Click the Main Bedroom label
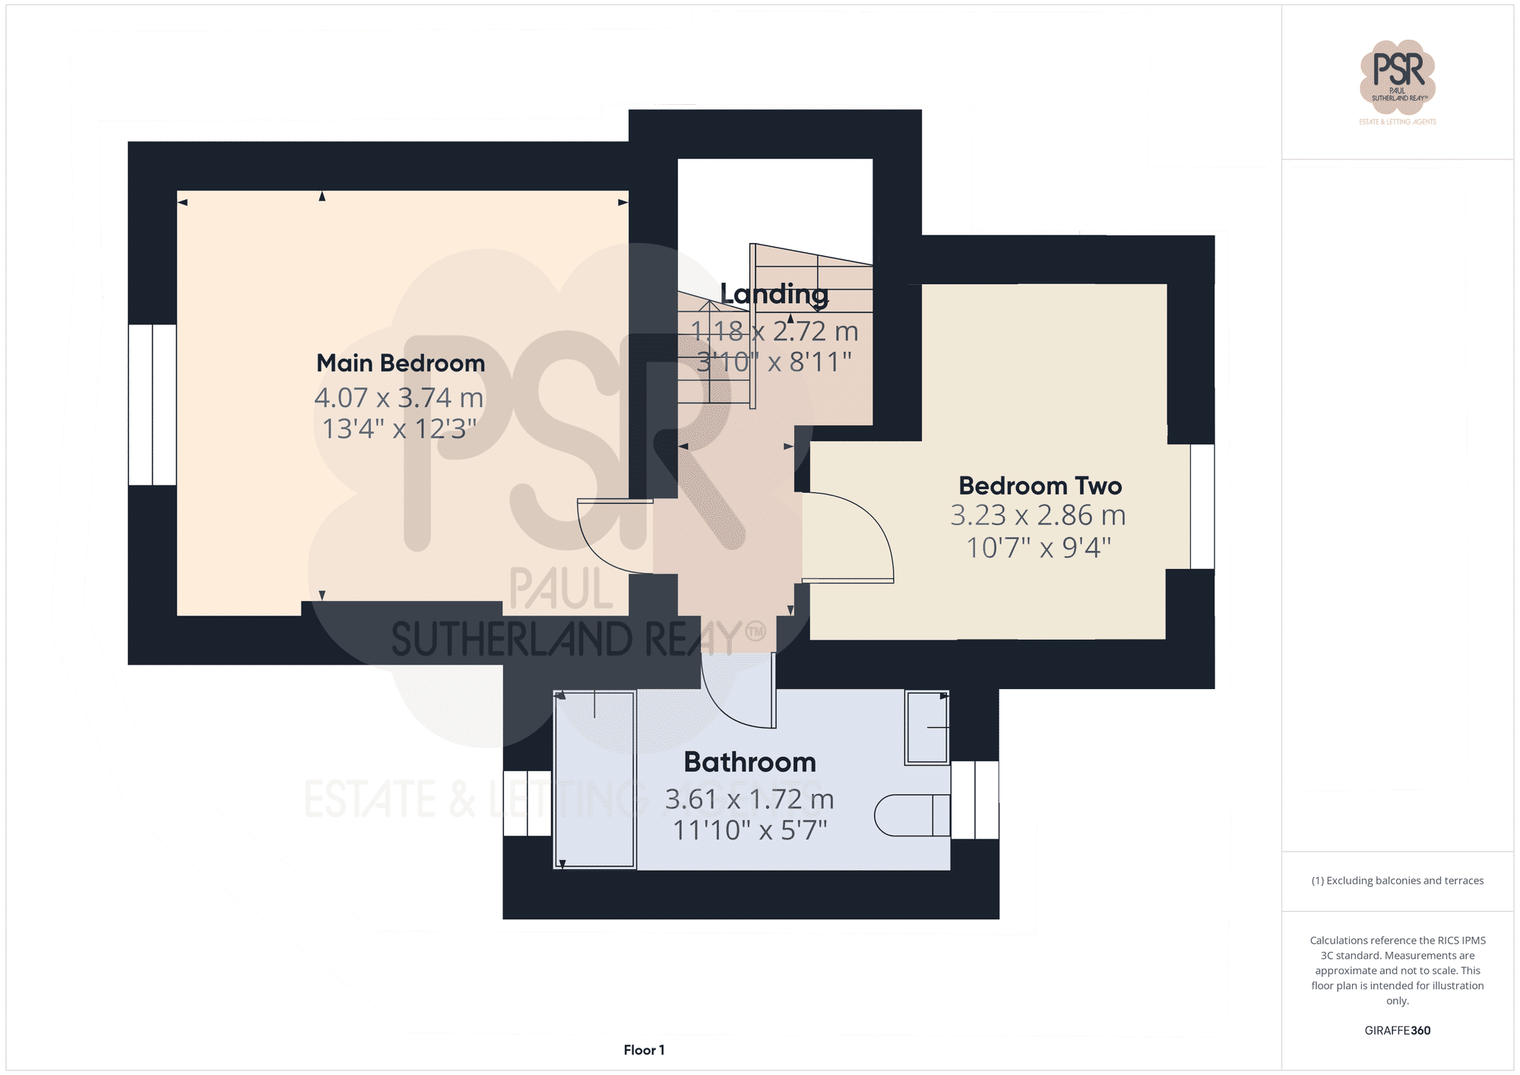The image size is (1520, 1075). (x=401, y=363)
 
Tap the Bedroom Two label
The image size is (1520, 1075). (x=1040, y=485)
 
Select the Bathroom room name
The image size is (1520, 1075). (x=749, y=762)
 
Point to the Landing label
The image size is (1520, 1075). (x=774, y=294)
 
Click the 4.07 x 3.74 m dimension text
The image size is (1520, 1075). (x=399, y=397)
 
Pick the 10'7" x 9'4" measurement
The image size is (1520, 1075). (x=1038, y=547)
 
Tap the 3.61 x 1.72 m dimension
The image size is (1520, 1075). (x=749, y=799)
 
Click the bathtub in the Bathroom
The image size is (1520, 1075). (x=595, y=779)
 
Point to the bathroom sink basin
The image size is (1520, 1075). (x=926, y=727)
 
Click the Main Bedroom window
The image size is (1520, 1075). (x=152, y=404)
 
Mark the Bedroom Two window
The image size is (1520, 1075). (x=1202, y=506)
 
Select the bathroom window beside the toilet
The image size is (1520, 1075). (x=975, y=800)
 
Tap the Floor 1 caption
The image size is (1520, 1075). (x=644, y=1050)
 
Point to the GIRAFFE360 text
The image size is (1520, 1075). (x=1397, y=1030)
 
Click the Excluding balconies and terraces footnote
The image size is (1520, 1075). (x=1397, y=881)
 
